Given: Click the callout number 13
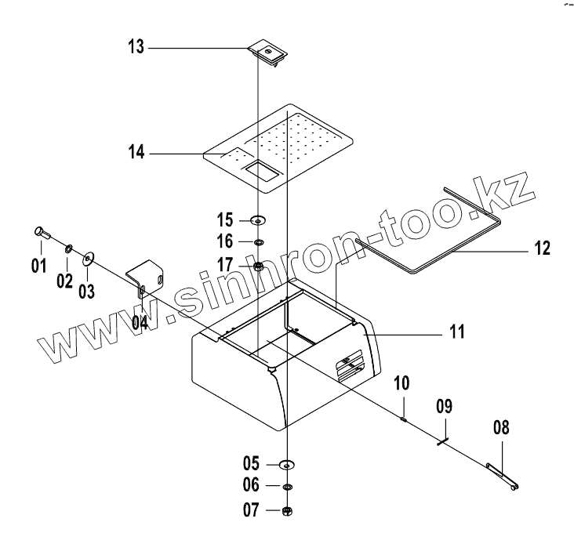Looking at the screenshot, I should click(136, 48).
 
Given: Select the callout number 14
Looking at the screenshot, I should click(137, 153).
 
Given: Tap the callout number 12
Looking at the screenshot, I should click(541, 249).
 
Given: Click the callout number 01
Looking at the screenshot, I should click(38, 266).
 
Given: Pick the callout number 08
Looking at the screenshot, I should click(500, 428).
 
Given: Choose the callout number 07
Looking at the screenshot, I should click(251, 511).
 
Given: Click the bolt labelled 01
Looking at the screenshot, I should click(42, 233).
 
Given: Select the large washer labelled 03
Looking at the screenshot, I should click(87, 256).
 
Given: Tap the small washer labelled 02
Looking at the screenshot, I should click(68, 248).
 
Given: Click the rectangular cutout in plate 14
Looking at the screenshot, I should click(260, 169).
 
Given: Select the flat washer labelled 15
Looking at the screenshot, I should click(259, 219).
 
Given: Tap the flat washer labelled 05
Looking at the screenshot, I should click(287, 465).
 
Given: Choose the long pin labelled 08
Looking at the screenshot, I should click(502, 477).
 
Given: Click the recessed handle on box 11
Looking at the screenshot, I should click(351, 364).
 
